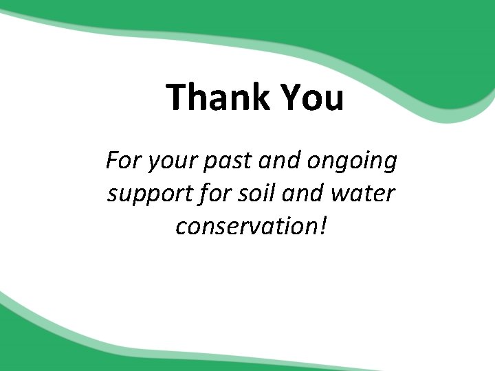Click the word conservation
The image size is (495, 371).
pyautogui.click(x=244, y=225)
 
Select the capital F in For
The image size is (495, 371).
pyautogui.click(x=112, y=161)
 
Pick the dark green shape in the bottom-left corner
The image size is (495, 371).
pyautogui.click(x=41, y=344)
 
